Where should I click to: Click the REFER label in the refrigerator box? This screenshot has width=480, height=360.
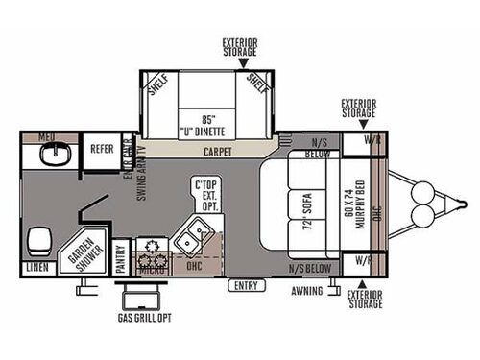pyautogui.click(x=102, y=150)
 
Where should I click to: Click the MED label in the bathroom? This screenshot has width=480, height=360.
pyautogui.click(x=46, y=138)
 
